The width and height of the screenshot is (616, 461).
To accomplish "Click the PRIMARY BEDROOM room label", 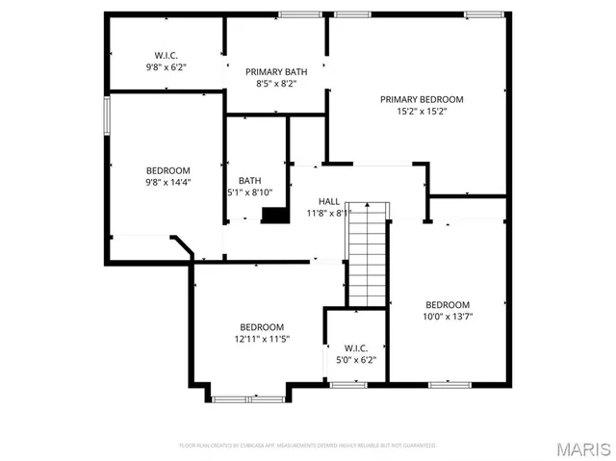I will pyautogui.click(x=422, y=99).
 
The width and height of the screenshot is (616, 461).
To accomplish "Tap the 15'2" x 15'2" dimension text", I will pyautogui.click(x=422, y=112).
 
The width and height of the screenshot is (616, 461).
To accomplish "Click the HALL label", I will pyautogui.click(x=328, y=201).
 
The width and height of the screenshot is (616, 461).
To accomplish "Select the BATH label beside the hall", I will pyautogui.click(x=250, y=180).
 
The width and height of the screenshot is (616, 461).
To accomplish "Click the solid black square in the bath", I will pyautogui.click(x=275, y=216).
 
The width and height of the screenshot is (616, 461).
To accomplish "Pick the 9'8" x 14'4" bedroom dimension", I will pyautogui.click(x=168, y=183).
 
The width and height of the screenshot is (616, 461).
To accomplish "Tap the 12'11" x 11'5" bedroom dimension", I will pyautogui.click(x=262, y=339).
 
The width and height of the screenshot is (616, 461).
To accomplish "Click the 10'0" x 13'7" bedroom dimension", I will pyautogui.click(x=449, y=317).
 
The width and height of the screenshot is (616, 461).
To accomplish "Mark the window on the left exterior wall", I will pyautogui.click(x=107, y=119).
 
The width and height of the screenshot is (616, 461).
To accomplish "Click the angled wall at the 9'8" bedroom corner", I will pyautogui.click(x=182, y=246).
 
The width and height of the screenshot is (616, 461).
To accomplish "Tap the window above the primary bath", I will pyautogui.click(x=299, y=13).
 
